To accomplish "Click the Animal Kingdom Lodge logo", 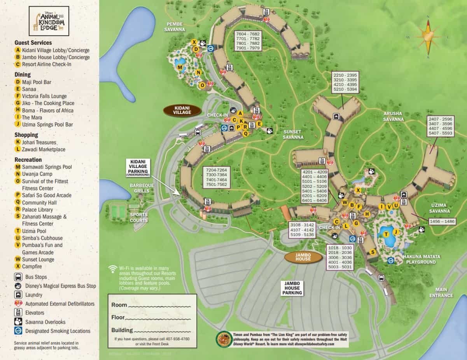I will (x=49, y=21).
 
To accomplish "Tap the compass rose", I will (x=428, y=37).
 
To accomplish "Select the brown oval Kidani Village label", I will (x=182, y=110).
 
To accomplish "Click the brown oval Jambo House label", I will (x=303, y=257).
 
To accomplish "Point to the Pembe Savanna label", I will (x=174, y=26).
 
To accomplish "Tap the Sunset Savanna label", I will (x=293, y=135).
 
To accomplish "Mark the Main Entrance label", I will (x=441, y=292).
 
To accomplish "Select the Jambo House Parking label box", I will (x=292, y=288).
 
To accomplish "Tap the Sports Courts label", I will (x=139, y=217).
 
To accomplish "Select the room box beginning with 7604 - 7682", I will (x=248, y=41).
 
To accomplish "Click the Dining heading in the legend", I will (x=23, y=75).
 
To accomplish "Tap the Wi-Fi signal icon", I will (x=113, y=269).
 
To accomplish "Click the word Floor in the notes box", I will (x=118, y=317).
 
